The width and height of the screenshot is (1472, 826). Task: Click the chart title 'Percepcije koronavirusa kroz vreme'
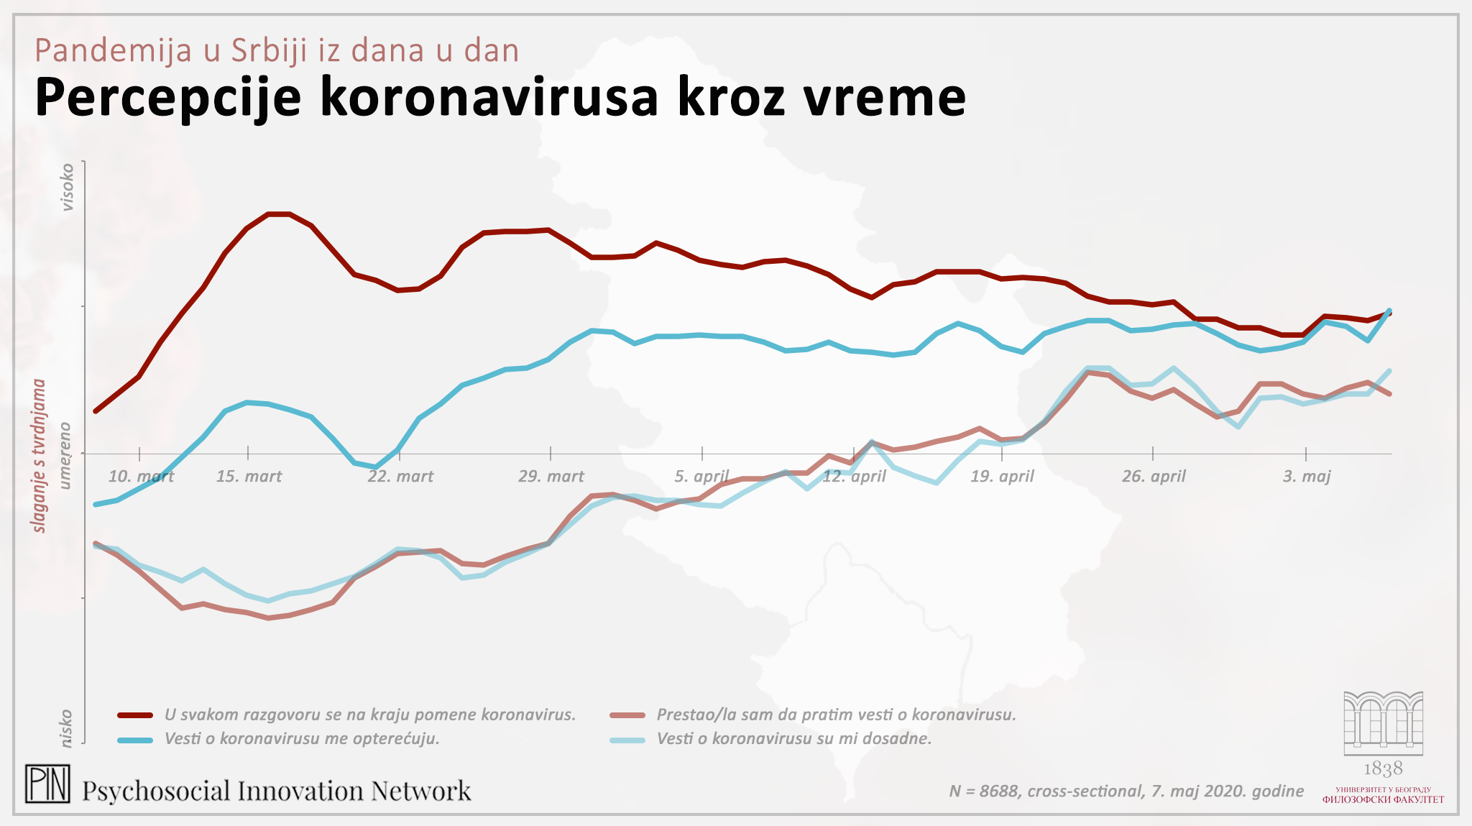500,97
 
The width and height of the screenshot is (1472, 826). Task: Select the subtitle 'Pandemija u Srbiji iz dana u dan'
277,50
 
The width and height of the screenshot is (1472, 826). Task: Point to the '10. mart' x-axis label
141,477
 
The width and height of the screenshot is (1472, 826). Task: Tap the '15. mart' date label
249,477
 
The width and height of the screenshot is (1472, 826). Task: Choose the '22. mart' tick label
400,477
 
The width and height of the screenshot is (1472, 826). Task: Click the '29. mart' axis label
551,477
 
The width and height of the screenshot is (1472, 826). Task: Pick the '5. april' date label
701,477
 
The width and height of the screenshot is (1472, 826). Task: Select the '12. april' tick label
854,477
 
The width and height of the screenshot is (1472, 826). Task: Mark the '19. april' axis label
1002,477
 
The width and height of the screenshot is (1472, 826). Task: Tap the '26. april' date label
1154,477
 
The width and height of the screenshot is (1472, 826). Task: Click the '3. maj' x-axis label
1307,477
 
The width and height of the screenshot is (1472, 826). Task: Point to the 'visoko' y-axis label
67,187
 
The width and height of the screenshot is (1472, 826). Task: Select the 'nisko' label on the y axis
67,728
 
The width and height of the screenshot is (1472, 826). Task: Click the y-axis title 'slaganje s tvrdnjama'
40,456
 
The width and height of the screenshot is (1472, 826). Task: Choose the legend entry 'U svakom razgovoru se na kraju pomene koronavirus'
369,715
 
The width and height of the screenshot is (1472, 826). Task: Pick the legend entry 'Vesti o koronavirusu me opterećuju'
302,739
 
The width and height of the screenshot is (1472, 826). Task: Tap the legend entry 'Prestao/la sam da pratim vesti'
836,715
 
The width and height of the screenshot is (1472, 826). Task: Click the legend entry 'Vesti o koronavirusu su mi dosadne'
793,739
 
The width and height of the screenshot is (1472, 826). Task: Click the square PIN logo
47,784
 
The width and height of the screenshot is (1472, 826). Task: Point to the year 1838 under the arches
1383,769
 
